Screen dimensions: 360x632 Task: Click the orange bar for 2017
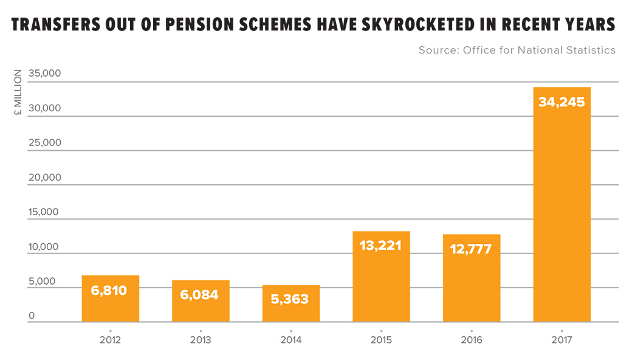[x=562, y=207]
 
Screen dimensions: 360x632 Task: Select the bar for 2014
[x=291, y=303]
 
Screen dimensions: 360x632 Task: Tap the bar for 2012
[x=110, y=299]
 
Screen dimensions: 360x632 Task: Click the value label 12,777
[x=471, y=249]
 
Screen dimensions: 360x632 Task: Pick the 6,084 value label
[x=200, y=295]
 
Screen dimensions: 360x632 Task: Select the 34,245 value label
[x=562, y=102]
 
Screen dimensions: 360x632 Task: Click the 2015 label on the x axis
[x=381, y=339]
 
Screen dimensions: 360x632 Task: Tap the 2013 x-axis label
[x=200, y=339]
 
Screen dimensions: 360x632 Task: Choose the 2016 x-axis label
[x=471, y=339]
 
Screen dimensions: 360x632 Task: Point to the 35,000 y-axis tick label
[x=45, y=74]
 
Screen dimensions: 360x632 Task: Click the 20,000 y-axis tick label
[x=45, y=178]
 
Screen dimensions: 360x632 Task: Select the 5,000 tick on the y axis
[x=42, y=282]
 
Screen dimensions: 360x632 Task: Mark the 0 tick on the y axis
[x=32, y=316]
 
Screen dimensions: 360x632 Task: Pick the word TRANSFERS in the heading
[x=52, y=26]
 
